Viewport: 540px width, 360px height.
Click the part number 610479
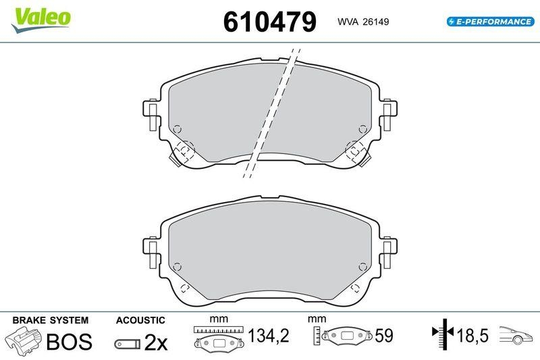[x=269, y=22]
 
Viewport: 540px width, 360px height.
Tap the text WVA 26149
[x=362, y=22]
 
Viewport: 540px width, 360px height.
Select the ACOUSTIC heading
[x=140, y=319]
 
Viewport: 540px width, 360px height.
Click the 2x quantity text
[x=157, y=342]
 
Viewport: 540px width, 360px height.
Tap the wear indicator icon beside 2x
[x=127, y=343]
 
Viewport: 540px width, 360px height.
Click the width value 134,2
[x=268, y=335]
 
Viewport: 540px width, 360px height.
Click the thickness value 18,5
[x=473, y=335]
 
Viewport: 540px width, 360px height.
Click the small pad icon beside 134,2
[x=217, y=342]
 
